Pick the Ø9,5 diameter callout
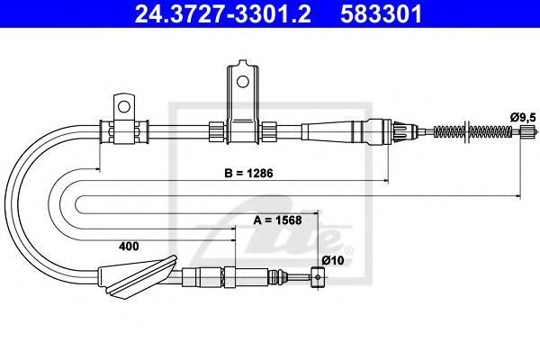pyautogui.click(x=522, y=116)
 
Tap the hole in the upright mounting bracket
pyautogui.click(x=241, y=80)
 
